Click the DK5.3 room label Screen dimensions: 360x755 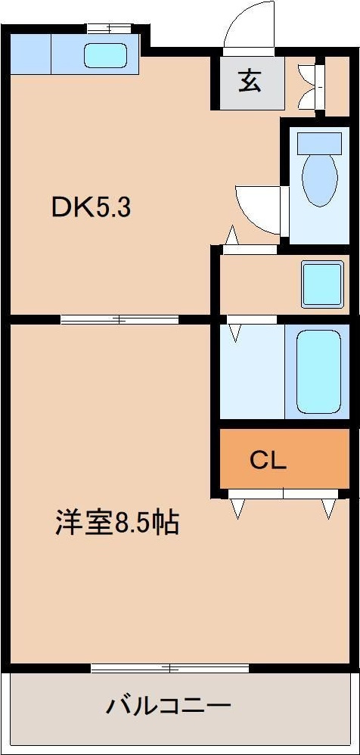[x=92, y=208]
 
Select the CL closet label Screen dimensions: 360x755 [x=268, y=461]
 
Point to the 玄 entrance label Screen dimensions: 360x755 [x=250, y=81]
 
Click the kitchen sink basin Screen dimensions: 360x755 [x=105, y=56]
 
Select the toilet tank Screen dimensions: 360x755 [x=320, y=142]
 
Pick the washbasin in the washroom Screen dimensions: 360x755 [x=322, y=284]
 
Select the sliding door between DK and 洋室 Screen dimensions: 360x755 [x=119, y=318]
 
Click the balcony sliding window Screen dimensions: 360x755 [x=170, y=668]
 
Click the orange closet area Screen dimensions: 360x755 [x=284, y=458]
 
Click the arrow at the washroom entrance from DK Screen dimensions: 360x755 [x=232, y=237]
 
